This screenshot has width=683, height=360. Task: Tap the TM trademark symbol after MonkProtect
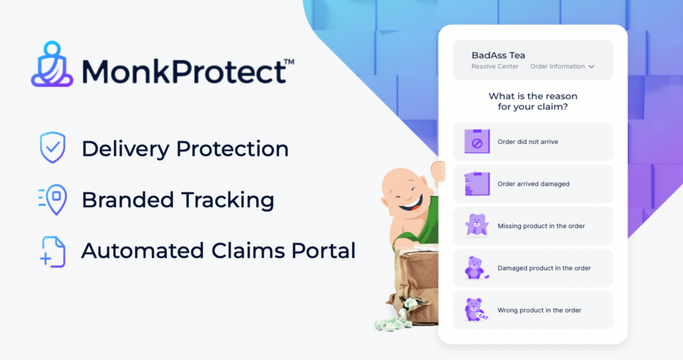pos(289,63)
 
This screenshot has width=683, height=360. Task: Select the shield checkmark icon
pos(53,147)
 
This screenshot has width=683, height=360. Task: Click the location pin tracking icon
pos(53,199)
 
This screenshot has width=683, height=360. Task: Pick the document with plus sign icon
pos(53,251)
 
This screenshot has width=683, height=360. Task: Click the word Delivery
pos(125,149)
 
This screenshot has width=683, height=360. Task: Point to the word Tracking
pos(227,200)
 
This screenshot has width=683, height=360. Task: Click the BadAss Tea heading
pos(498,55)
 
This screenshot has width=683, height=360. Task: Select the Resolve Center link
pos(495,67)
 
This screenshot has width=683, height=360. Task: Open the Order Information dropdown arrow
pos(592,67)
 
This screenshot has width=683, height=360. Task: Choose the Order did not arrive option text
pos(528,142)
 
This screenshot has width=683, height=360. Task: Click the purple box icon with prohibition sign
pos(477,141)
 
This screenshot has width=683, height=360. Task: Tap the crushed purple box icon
pos(477,184)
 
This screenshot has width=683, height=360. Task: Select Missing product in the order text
pos(542,226)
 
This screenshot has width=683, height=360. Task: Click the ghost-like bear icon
pos(476,225)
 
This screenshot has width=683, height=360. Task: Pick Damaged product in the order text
pos(544,268)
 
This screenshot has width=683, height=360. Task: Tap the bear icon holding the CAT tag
pos(476,309)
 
